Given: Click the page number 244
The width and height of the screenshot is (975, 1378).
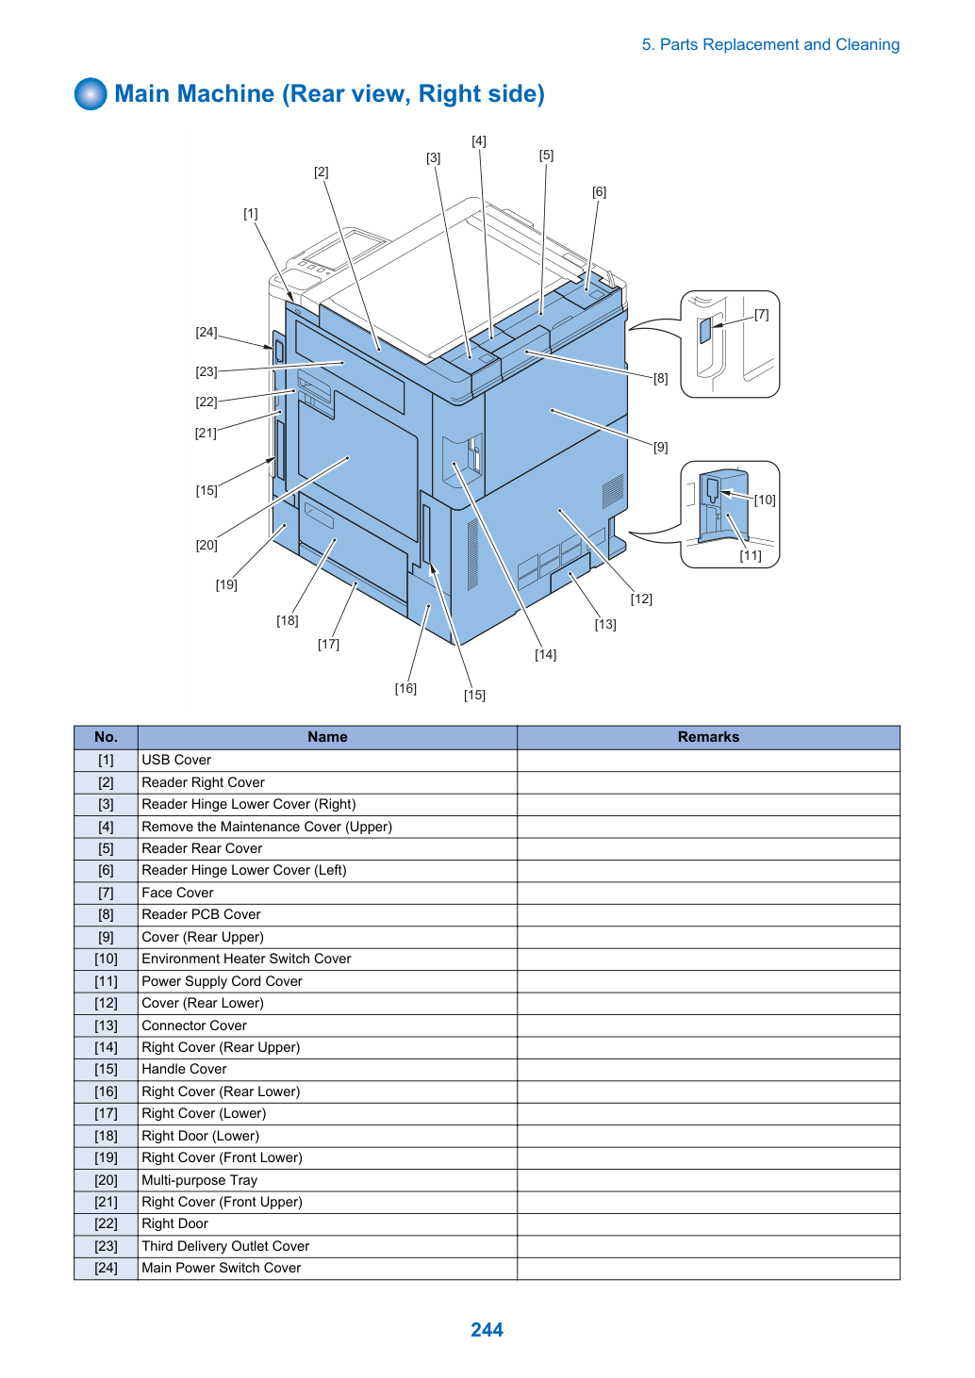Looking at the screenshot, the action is pyautogui.click(x=487, y=1329).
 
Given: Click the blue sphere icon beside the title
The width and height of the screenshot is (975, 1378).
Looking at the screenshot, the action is pyautogui.click(x=91, y=94).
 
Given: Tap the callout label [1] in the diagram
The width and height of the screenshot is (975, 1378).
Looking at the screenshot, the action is pyautogui.click(x=251, y=213).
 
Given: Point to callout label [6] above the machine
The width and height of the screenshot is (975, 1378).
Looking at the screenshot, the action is pyautogui.click(x=599, y=192).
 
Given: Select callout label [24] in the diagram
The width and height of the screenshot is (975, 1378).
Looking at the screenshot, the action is pyautogui.click(x=207, y=332).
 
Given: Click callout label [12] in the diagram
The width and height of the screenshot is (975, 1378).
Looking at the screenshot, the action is pyautogui.click(x=641, y=599).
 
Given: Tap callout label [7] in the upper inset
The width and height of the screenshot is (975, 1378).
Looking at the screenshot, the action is pyautogui.click(x=761, y=315).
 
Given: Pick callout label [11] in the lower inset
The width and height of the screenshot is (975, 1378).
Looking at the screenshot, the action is pyautogui.click(x=751, y=555).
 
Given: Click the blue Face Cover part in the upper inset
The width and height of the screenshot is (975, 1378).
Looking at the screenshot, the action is pyautogui.click(x=705, y=330).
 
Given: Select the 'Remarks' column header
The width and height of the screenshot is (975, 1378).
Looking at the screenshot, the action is pyautogui.click(x=708, y=737).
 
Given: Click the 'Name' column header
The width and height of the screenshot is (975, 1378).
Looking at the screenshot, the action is pyautogui.click(x=327, y=737).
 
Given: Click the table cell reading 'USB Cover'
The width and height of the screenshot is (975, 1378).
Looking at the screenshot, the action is pyautogui.click(x=327, y=761).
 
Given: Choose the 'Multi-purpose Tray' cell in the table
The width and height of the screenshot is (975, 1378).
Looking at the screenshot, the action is pyautogui.click(x=327, y=1180).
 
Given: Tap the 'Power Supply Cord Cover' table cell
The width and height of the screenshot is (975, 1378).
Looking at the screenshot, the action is pyautogui.click(x=327, y=981).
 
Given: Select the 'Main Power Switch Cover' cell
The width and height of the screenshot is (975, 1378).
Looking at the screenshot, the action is pyautogui.click(x=327, y=1268).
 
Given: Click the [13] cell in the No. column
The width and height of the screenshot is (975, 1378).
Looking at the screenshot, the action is pyautogui.click(x=106, y=1025).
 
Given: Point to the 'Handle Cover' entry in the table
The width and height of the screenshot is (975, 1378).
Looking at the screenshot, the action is pyautogui.click(x=327, y=1069).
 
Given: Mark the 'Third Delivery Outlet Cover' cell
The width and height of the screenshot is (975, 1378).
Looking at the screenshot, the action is pyautogui.click(x=327, y=1246).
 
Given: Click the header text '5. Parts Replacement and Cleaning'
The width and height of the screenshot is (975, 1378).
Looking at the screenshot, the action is pyautogui.click(x=770, y=45).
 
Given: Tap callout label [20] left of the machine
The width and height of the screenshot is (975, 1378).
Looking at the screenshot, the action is pyautogui.click(x=207, y=545).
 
